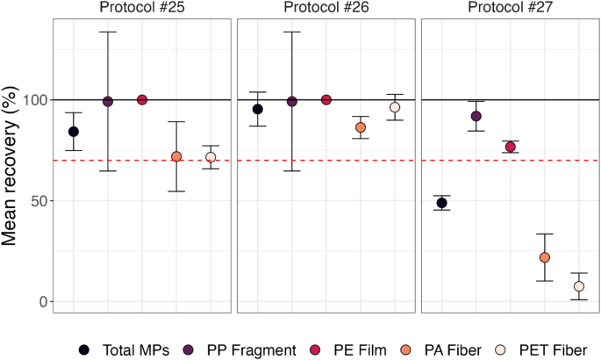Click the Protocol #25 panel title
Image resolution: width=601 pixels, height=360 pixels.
click(141, 9)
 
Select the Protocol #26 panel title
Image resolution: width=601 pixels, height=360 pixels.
click(326, 9)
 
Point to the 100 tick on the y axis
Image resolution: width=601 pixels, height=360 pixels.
click(32, 100)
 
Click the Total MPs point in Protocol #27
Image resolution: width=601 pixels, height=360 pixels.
click(442, 203)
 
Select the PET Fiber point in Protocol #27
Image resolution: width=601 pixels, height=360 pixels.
click(579, 286)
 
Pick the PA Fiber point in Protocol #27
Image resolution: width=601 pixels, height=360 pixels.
click(545, 257)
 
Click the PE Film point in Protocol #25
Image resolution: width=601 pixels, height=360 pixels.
click(142, 100)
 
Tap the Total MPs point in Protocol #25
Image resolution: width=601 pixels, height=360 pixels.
click(74, 132)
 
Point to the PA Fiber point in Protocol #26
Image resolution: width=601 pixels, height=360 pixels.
click(361, 127)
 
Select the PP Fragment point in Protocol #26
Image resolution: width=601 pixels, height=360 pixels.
click(292, 102)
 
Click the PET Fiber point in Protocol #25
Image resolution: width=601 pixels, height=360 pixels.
click(211, 157)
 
